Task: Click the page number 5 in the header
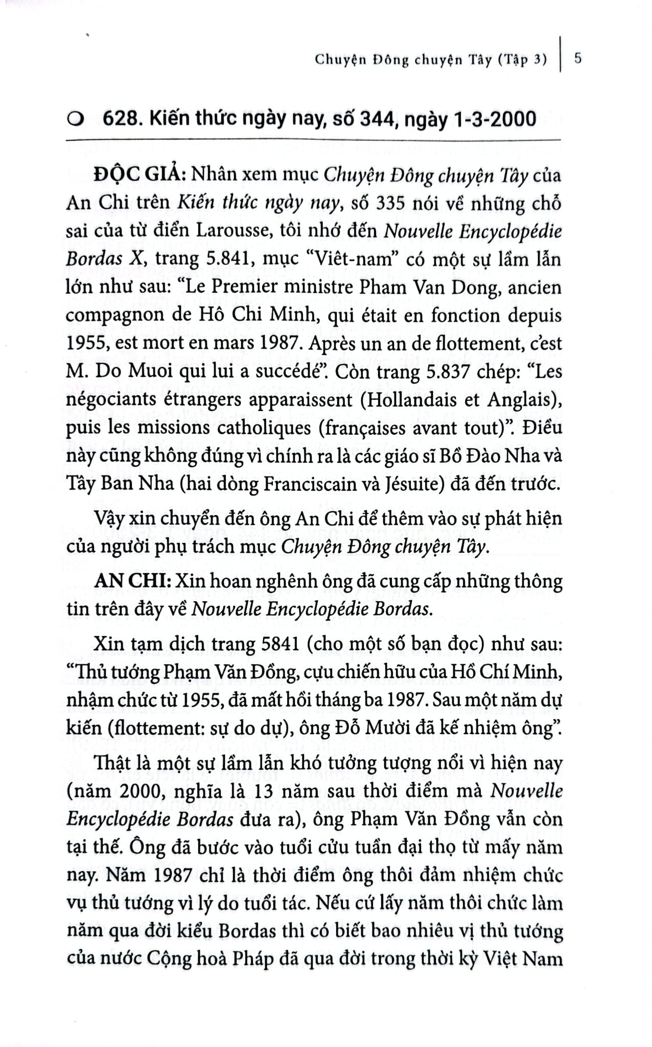pyautogui.click(x=578, y=59)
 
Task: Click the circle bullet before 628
pyautogui.click(x=76, y=120)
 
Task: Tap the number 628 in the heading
pyautogui.click(x=116, y=120)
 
